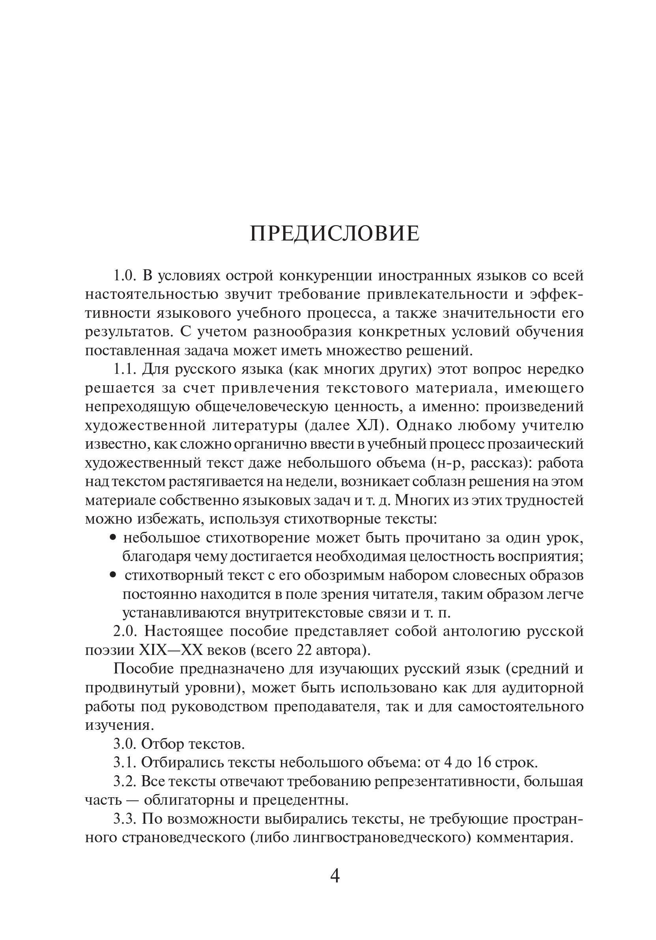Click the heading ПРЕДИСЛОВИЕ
(335, 234)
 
